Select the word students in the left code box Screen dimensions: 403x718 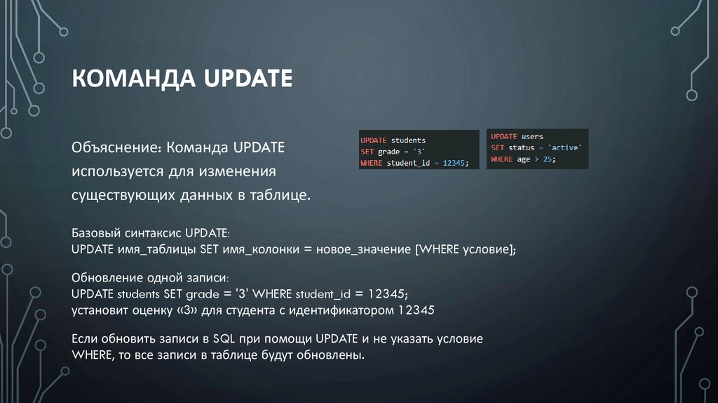[x=408, y=140]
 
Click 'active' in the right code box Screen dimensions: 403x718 [x=564, y=147]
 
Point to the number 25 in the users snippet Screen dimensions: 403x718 [x=548, y=159]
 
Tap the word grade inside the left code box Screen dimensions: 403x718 [x=388, y=151]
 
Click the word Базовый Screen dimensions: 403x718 [x=96, y=232]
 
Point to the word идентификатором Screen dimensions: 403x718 [x=341, y=309]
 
